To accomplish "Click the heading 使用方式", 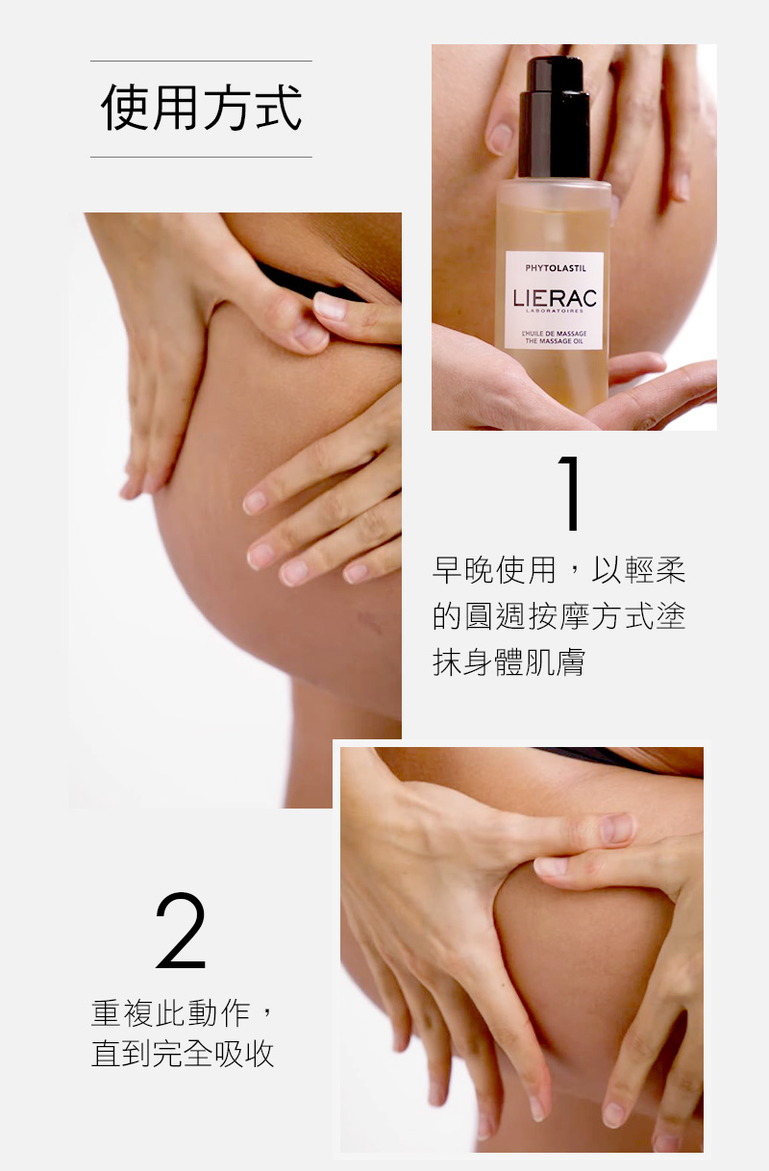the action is [x=201, y=109].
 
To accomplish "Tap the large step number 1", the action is [x=570, y=493].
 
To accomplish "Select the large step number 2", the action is [x=181, y=931].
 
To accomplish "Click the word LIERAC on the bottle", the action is [x=554, y=298].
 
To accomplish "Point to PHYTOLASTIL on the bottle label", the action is [x=556, y=268].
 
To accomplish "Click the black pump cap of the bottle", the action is [x=554, y=116].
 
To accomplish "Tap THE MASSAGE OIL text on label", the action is [x=554, y=341].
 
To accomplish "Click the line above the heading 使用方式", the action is [x=201, y=62].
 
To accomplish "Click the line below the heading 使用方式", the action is [x=201, y=157].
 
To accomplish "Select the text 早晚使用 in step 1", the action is [x=494, y=570].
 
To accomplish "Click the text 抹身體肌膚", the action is [x=509, y=662].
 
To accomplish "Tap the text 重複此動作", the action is [x=170, y=1013].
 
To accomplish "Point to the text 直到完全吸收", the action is [x=183, y=1054].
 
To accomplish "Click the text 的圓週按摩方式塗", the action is [x=558, y=616].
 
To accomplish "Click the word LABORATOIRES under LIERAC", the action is [x=555, y=311].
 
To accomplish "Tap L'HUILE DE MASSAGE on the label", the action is [x=554, y=334].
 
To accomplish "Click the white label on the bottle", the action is [x=554, y=301].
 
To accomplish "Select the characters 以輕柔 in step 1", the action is [x=638, y=570].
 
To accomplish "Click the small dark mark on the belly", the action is [x=370, y=622].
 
